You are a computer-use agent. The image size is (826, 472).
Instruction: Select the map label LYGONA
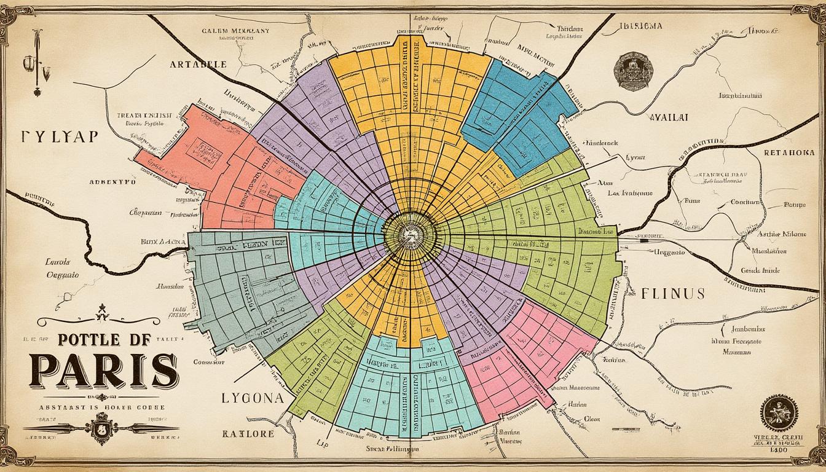tap(253, 398)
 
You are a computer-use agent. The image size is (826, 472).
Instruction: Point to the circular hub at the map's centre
tap(406, 234)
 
